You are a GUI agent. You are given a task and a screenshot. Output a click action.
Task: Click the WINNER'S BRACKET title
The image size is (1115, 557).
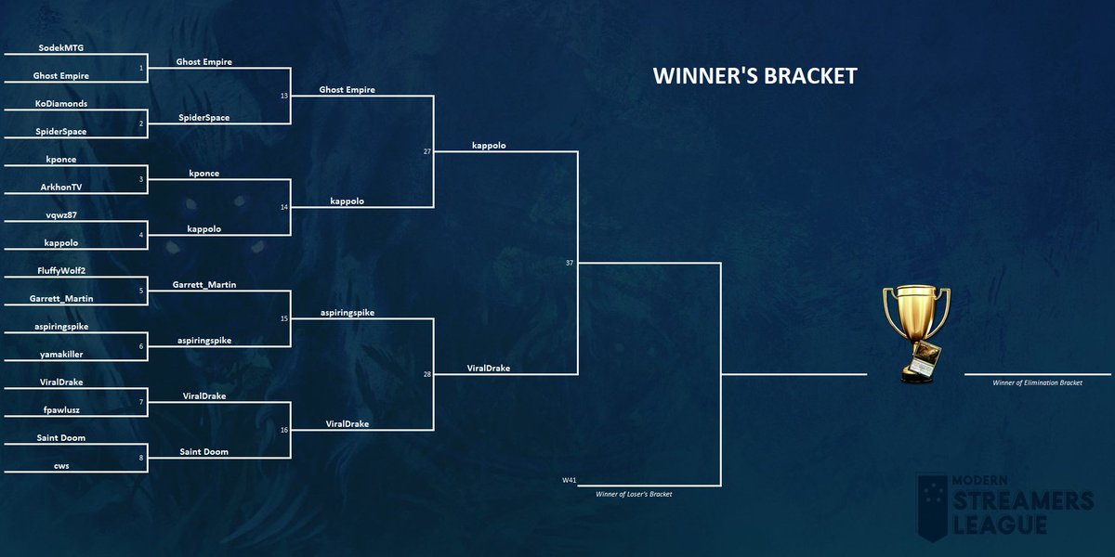754,75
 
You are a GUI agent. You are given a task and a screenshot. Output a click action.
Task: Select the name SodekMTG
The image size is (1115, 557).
61,47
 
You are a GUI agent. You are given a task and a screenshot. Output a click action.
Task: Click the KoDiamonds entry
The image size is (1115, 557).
61,103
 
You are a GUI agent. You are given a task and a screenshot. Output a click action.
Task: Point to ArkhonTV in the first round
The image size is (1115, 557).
61,187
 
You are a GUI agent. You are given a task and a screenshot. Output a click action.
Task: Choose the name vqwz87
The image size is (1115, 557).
61,214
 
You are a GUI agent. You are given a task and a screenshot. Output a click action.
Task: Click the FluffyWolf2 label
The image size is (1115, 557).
61,270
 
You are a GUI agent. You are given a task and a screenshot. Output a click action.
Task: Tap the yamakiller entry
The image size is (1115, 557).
61,354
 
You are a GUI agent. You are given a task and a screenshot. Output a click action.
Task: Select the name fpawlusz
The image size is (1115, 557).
61,409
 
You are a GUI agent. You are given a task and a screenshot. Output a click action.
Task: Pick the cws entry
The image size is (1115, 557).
61,466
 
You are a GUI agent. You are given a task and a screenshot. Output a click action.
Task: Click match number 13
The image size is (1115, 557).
284,96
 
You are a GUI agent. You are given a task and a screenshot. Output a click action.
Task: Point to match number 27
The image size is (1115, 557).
427,151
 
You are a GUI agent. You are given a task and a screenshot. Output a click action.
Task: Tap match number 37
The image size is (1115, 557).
570,263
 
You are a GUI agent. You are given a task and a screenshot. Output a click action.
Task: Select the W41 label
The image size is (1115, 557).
569,480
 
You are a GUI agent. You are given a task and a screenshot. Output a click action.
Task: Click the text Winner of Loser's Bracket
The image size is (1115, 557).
634,494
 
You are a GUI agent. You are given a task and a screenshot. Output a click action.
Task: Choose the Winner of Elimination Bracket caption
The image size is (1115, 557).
1037,382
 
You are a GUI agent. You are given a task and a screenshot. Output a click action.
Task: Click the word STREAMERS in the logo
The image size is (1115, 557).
1023,500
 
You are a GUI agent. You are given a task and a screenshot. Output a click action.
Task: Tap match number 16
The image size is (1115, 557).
284,430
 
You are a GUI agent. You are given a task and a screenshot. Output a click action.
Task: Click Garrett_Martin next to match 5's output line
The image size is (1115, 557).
204,284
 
